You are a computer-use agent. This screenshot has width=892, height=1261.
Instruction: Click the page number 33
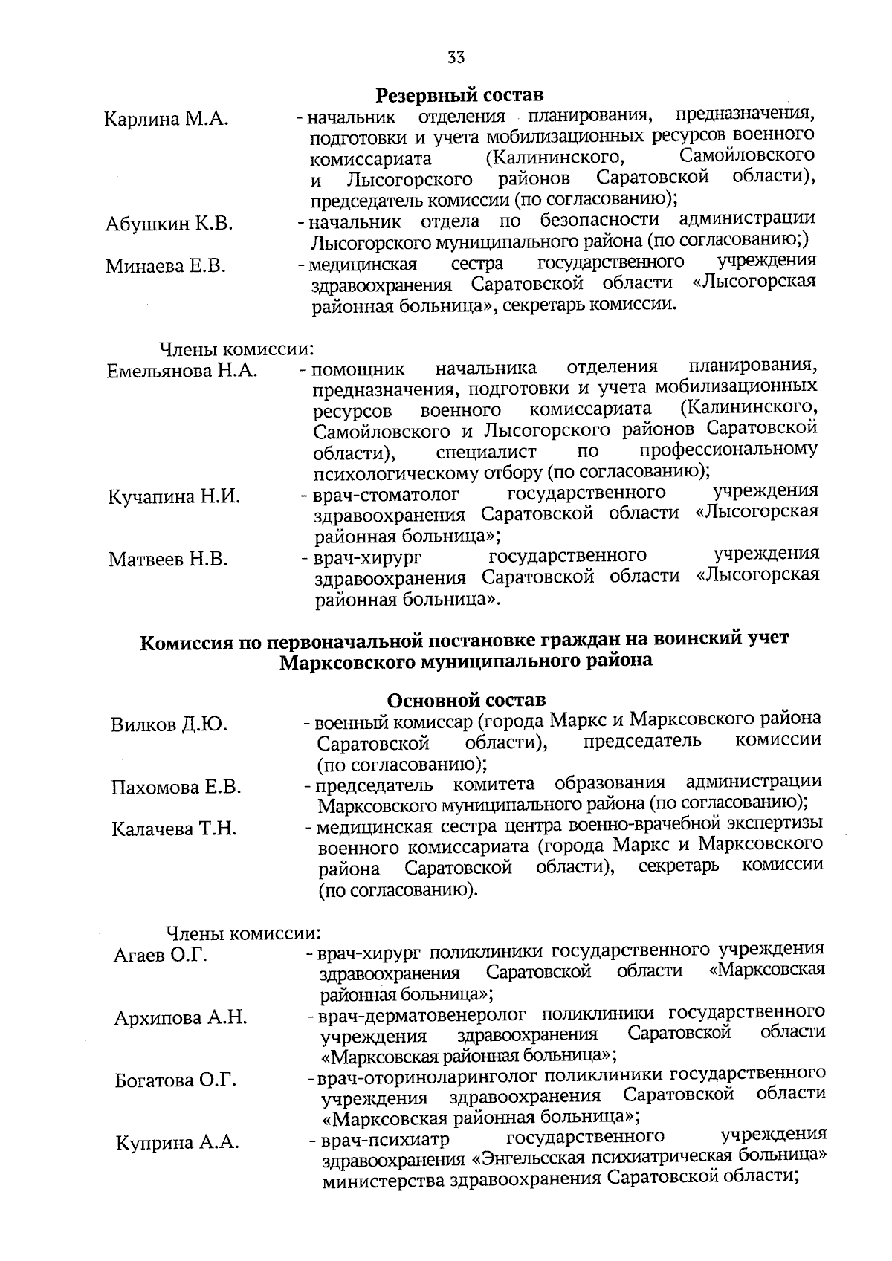point(456,57)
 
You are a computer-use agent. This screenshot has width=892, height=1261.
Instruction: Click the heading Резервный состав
point(459,95)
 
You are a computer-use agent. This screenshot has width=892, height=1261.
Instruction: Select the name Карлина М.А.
point(166,119)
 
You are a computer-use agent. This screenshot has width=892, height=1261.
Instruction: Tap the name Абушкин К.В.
point(169,224)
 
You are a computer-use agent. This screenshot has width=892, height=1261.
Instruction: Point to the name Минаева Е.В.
point(166,266)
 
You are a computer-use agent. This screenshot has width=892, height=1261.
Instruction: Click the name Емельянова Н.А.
point(182,371)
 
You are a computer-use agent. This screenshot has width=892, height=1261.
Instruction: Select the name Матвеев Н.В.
point(168,560)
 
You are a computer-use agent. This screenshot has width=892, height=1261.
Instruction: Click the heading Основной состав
point(467,700)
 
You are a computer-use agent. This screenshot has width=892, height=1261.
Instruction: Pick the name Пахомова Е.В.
point(176,787)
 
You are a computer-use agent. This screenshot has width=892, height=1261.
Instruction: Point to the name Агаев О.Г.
point(160,955)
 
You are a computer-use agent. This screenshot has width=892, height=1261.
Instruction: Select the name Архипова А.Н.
point(181,1018)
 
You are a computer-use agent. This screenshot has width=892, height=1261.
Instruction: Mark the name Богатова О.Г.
point(175,1080)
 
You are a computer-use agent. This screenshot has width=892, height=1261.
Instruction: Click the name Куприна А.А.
point(177,1143)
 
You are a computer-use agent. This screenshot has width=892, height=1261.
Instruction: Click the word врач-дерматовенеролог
point(422,1014)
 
